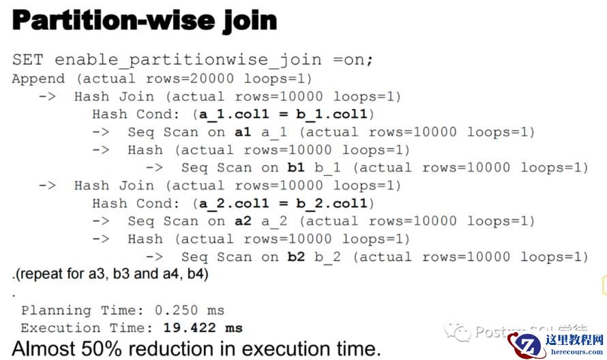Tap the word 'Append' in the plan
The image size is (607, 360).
pos(38,78)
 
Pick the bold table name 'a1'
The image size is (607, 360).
pos(243,132)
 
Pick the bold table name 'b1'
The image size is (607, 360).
pos(296,168)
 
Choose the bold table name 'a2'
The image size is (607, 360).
pos(243,221)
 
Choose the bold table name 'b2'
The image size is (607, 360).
pos(296,257)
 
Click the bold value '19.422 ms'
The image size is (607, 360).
pos(203,328)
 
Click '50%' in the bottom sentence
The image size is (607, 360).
pos(104,348)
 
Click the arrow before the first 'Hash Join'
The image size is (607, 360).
pos(47,96)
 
